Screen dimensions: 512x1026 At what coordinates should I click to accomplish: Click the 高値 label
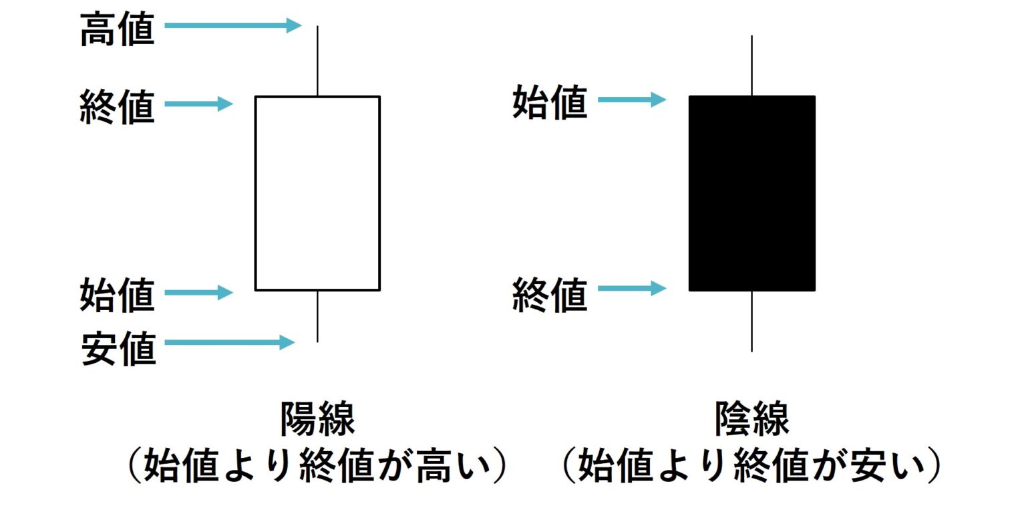coord(117,30)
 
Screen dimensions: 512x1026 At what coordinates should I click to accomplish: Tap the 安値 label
coord(118,348)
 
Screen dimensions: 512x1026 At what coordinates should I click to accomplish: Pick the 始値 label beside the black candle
coord(550,103)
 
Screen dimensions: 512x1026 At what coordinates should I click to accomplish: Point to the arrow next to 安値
coord(229,343)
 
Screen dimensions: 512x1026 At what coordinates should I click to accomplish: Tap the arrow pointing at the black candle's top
coord(632,100)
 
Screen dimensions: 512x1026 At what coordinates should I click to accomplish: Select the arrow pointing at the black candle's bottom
coord(632,289)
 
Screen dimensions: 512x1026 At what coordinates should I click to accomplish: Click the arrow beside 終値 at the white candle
coord(198,104)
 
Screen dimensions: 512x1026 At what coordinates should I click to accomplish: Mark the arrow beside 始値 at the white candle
coord(198,292)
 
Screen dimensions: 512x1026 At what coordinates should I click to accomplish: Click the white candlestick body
coord(317,193)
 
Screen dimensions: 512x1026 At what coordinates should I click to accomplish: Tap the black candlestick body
coord(751,193)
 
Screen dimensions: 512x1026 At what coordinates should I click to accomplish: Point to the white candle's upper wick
coord(317,61)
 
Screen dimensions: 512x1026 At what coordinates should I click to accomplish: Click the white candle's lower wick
coord(317,316)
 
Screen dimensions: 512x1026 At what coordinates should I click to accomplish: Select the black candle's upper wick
coord(752,66)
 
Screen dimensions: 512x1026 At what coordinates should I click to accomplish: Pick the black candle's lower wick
coord(752,321)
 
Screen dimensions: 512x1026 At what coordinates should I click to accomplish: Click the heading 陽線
coord(317,418)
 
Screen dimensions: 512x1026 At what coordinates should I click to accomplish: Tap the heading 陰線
coord(751,418)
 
